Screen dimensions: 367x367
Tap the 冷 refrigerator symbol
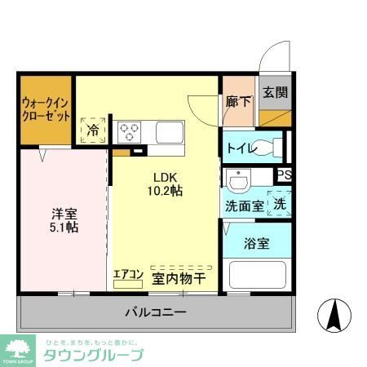point(93,129)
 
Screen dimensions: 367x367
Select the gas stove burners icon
point(129,130)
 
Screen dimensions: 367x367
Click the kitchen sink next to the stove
point(169,130)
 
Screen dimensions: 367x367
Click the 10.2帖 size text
point(165,191)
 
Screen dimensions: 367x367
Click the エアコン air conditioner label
point(128,276)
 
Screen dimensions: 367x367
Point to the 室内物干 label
point(178,278)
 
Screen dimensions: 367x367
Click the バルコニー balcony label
point(155,312)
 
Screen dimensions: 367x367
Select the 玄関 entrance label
point(275,91)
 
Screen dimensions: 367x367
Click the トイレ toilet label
point(242,148)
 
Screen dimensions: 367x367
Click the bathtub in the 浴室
point(256,275)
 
